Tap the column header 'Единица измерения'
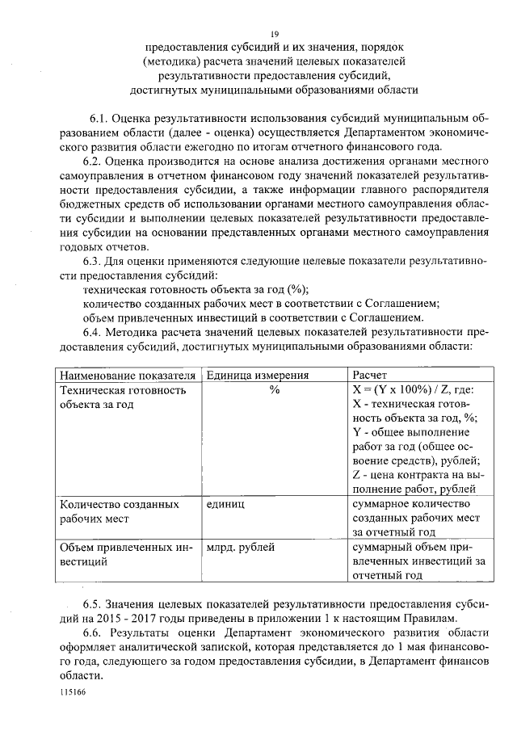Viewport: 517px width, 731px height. coord(258,376)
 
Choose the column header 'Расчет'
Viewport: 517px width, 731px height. coord(369,376)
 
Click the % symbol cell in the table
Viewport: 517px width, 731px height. coord(274,390)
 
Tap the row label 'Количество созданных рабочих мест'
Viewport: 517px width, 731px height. coord(120,510)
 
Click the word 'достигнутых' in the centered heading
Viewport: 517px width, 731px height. coord(167,90)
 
